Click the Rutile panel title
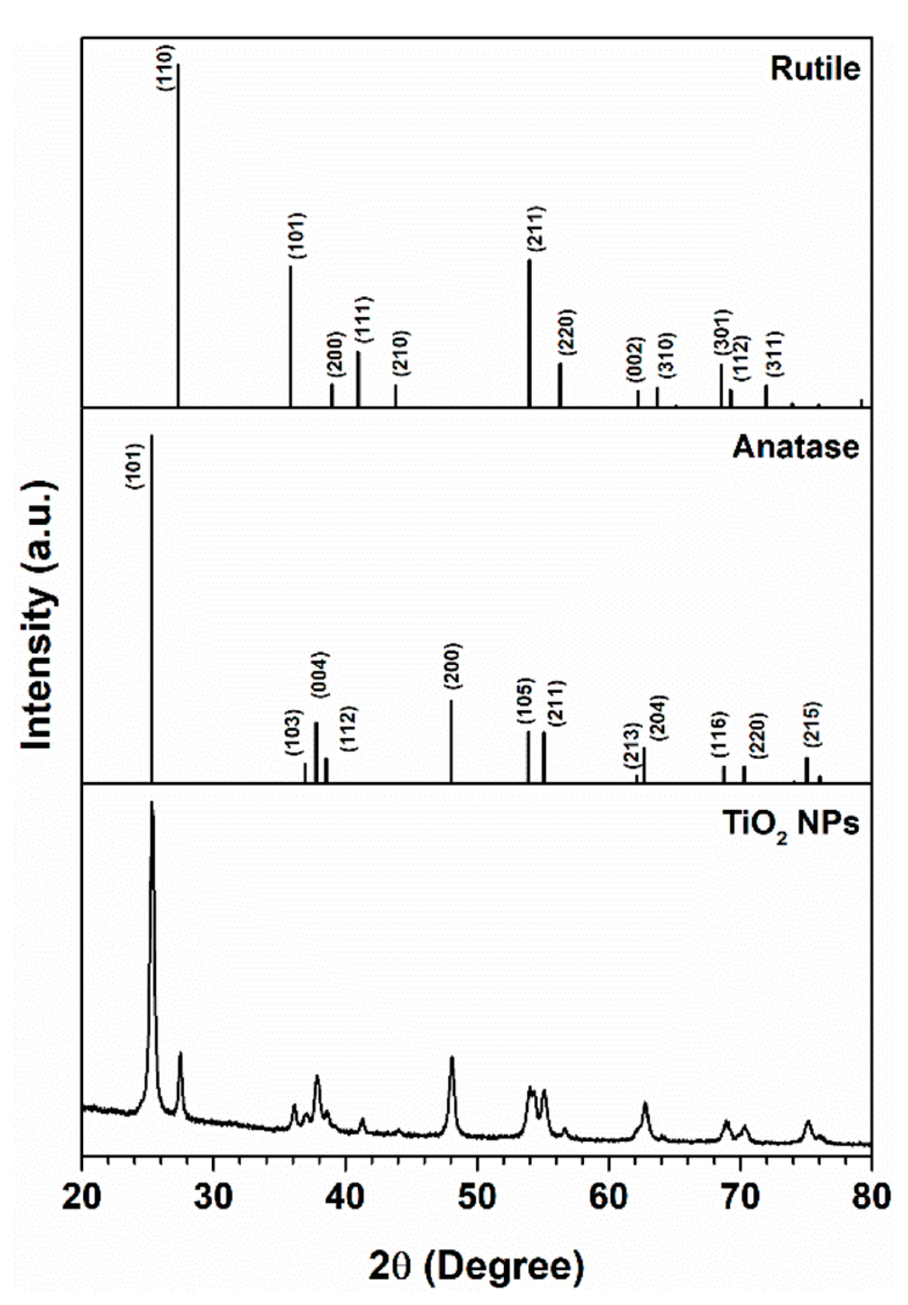(814, 68)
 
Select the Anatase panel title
(795, 446)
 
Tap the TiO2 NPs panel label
(791, 823)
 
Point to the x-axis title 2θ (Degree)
(476, 1266)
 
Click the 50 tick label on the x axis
(476, 1196)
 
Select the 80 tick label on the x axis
(871, 1196)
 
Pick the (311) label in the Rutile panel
(774, 353)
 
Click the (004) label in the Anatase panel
(322, 675)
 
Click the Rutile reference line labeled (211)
(529, 333)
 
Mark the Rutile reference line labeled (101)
(291, 336)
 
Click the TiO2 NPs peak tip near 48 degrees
(452, 1057)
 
